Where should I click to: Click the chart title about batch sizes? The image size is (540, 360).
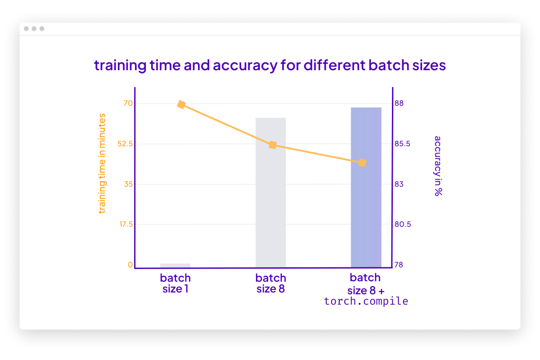click(x=270, y=66)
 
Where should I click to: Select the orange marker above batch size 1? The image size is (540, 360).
click(x=181, y=104)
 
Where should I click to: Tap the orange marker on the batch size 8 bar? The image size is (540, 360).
click(x=272, y=145)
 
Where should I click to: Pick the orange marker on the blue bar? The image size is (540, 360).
click(x=362, y=162)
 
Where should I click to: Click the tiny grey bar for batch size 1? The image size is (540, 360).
click(x=175, y=265)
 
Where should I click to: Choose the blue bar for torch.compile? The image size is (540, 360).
click(x=366, y=187)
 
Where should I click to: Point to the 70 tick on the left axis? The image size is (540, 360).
click(x=128, y=103)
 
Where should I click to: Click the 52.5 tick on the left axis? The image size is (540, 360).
click(x=125, y=144)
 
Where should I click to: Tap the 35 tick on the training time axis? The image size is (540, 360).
click(x=128, y=184)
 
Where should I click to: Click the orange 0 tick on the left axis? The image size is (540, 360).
click(x=130, y=265)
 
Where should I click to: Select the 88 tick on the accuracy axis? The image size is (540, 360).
click(x=399, y=103)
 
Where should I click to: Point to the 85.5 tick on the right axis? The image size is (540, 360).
click(x=402, y=144)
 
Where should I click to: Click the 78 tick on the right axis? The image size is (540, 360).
click(x=399, y=265)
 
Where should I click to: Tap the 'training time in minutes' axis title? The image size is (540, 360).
click(x=102, y=163)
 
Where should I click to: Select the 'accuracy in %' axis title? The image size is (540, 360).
click(x=437, y=166)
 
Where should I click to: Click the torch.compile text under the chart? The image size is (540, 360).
click(x=366, y=301)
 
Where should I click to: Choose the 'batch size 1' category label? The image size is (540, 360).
click(x=175, y=283)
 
